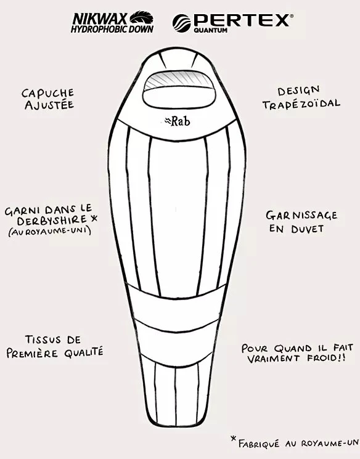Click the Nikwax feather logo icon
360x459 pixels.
point(142,18)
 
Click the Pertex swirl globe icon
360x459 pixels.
point(181,23)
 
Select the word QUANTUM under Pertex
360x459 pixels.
point(210,30)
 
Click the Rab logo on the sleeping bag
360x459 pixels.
point(178,121)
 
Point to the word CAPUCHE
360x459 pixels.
point(47,93)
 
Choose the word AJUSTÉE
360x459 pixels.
point(49,105)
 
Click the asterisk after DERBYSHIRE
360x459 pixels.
point(94,218)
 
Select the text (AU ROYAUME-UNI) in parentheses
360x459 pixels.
point(50,231)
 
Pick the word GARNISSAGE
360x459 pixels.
point(301,216)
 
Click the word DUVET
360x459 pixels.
point(308,229)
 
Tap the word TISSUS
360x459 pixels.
point(43,339)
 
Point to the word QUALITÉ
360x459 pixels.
point(84,352)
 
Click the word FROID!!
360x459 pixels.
point(326,358)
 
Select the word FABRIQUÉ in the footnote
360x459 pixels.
point(259,444)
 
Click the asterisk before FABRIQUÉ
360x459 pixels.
point(234,439)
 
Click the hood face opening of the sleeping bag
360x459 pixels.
point(179,90)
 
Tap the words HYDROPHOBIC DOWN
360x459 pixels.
point(112,29)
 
